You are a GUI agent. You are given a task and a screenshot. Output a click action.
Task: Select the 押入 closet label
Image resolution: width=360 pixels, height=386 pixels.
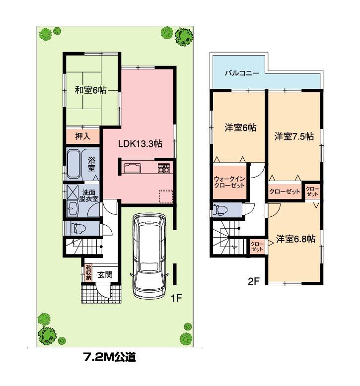[x=83, y=135]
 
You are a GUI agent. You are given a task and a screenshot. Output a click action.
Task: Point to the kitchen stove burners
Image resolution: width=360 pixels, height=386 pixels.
[x=164, y=168]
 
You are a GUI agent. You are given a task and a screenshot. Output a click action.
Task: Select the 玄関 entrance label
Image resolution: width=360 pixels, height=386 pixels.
[x=104, y=273]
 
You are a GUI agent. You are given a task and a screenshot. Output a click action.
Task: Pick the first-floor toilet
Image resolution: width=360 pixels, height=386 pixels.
[x=77, y=228]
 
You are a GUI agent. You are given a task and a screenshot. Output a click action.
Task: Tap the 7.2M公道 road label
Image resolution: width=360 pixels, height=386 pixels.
[x=108, y=356]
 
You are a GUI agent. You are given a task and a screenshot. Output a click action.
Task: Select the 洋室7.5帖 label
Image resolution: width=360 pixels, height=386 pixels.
[x=293, y=136]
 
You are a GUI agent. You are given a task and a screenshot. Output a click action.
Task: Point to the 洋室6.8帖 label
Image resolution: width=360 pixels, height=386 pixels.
[x=296, y=239]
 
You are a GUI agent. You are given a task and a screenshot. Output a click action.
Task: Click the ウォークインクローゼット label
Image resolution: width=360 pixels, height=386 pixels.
[x=229, y=182]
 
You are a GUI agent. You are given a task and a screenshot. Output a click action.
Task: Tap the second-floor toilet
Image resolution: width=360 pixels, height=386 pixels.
[x=220, y=210]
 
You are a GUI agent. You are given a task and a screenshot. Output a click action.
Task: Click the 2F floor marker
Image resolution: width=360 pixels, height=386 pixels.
[x=254, y=282]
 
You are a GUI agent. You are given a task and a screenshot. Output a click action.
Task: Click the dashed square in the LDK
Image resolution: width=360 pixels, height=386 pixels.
[x=165, y=196]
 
